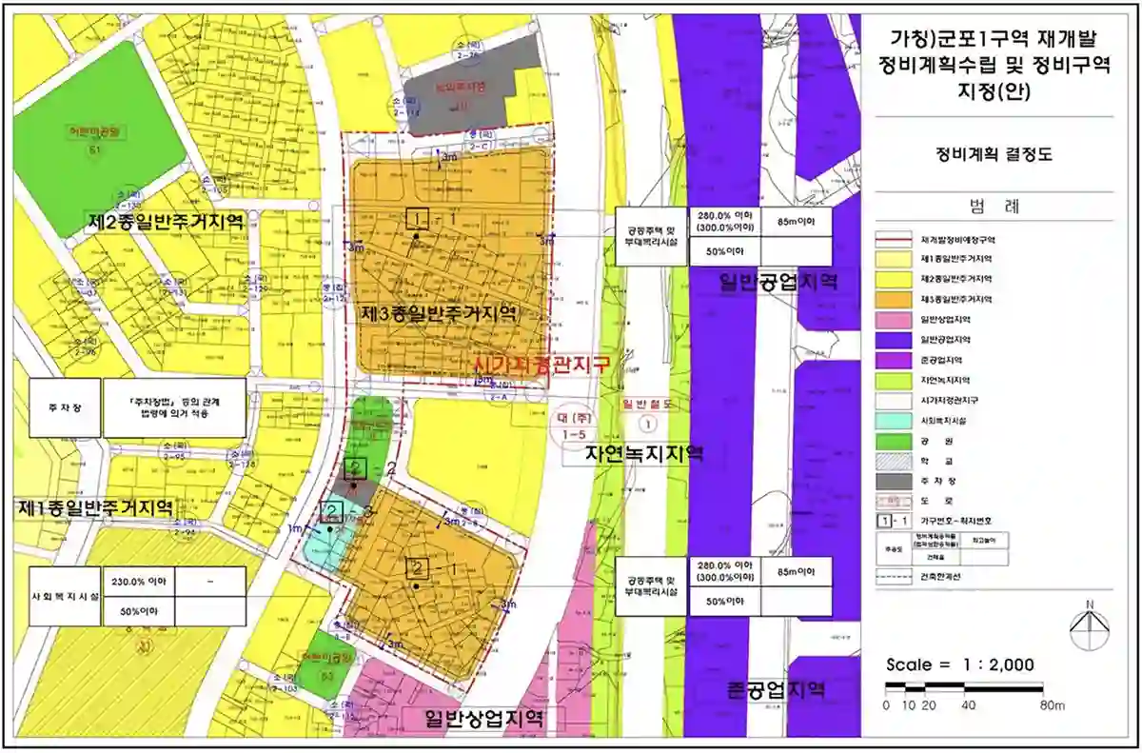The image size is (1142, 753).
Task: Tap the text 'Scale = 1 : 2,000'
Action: [959, 665]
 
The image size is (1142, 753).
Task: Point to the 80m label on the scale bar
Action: [1052, 705]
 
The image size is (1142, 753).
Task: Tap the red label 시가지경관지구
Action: [541, 363]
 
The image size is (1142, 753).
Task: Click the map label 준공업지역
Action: [775, 690]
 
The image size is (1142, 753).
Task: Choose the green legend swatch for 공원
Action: [894, 441]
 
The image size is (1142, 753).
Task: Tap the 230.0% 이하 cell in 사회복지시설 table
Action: [138, 582]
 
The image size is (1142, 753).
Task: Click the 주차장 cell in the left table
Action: [65, 406]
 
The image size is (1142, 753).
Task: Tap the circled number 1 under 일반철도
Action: [649, 423]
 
